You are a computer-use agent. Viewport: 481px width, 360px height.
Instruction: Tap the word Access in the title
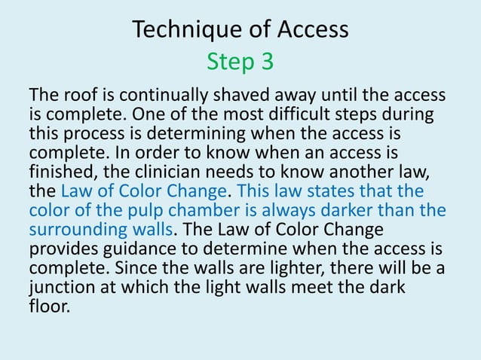coord(308,29)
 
